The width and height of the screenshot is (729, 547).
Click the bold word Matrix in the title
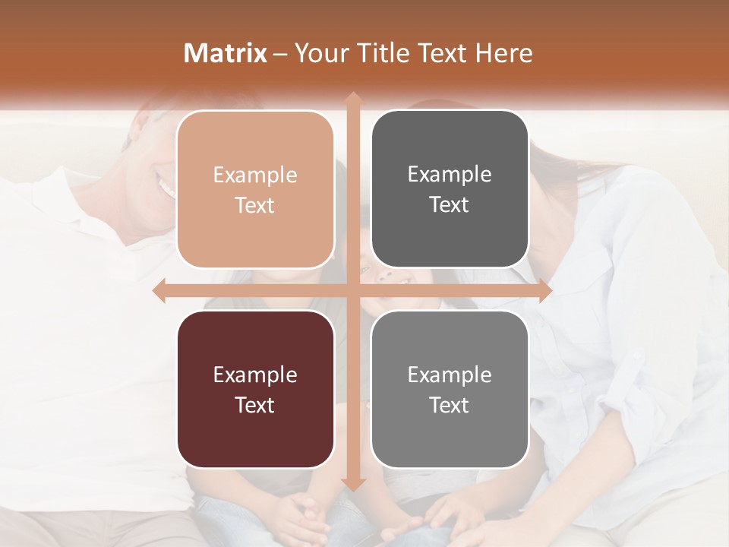coord(226,53)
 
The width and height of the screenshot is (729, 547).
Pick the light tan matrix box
coord(255,189)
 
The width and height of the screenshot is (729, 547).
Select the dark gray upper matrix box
coord(450,189)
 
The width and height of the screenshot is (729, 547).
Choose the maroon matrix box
coord(255,389)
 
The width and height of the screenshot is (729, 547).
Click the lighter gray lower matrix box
coord(450,389)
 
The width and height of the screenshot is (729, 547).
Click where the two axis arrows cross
coord(352,291)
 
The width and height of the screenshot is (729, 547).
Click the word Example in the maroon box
coord(255,375)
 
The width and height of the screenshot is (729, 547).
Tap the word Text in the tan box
coord(255,205)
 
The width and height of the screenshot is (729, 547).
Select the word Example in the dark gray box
coord(450,175)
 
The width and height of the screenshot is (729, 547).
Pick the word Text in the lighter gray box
coord(450,405)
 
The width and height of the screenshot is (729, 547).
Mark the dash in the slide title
coord(280,54)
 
